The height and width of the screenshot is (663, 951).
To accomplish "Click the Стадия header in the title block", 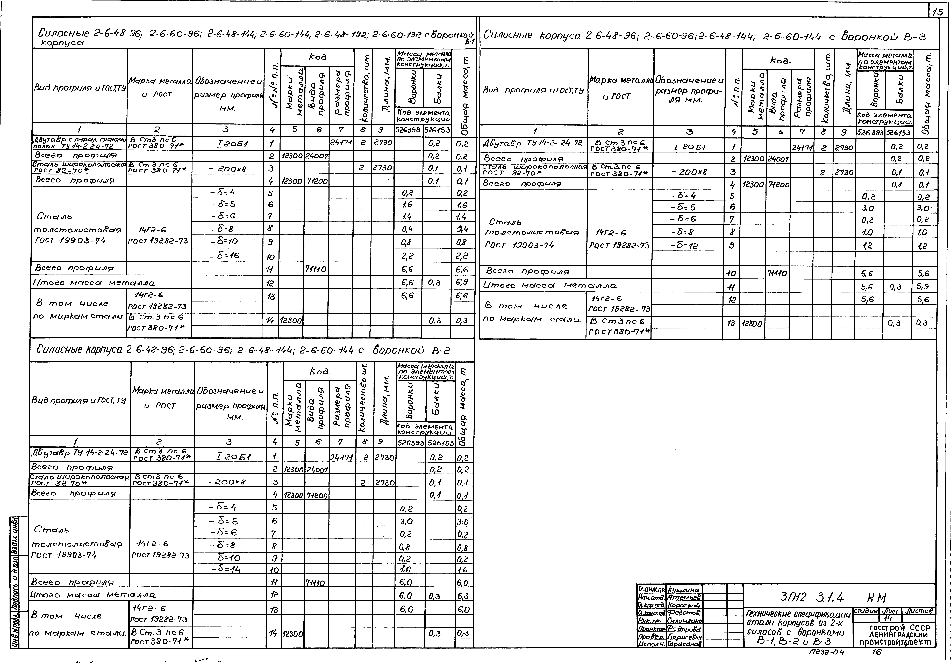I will click(x=866, y=611).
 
